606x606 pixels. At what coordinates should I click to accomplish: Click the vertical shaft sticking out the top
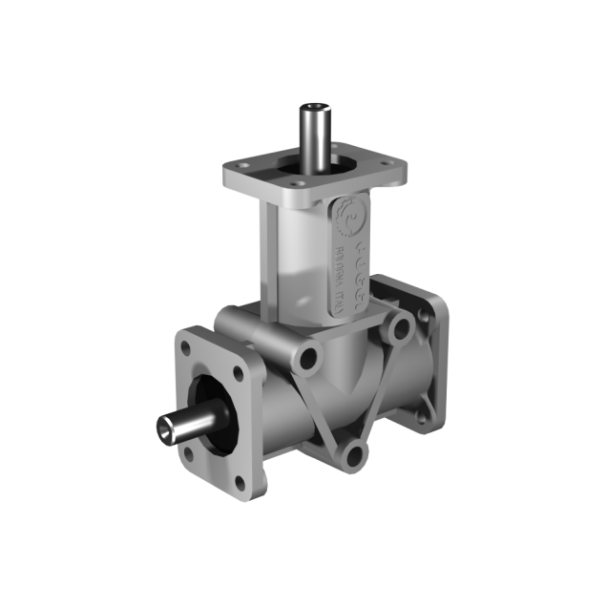coord(314,134)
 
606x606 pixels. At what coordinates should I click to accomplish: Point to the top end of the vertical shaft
coord(314,107)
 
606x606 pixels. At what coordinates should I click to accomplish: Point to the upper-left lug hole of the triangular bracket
coord(308,361)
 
